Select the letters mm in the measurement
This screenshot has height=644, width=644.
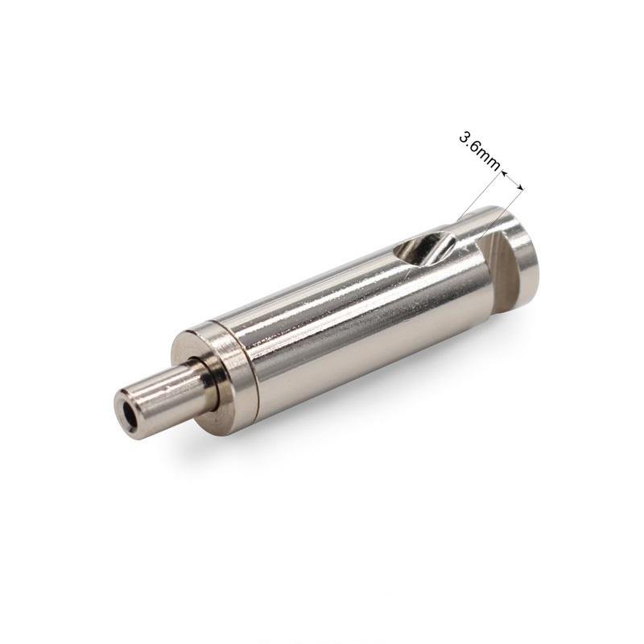(x=489, y=160)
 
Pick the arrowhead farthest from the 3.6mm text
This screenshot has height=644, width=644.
(x=520, y=188)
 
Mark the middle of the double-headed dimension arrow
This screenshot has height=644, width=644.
(x=512, y=181)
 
